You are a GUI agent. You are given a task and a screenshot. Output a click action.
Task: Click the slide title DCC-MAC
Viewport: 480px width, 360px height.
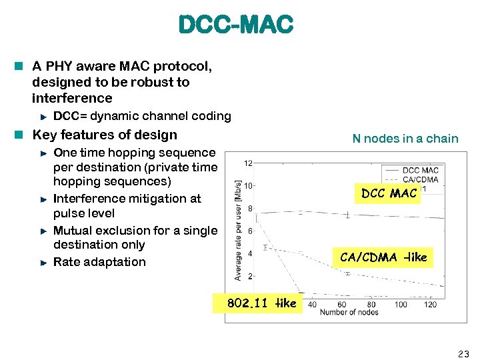point(235,25)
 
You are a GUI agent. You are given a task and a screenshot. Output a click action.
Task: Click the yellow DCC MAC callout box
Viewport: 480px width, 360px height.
point(389,193)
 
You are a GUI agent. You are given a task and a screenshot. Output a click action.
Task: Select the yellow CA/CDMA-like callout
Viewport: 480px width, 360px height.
point(383,257)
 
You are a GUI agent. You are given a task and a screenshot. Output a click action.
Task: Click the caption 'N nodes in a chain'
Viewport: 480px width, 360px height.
point(405,139)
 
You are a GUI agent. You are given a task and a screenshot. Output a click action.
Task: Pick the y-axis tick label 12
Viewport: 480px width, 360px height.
point(247,163)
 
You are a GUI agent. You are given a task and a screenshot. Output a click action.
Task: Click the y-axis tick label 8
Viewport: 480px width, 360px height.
point(249,209)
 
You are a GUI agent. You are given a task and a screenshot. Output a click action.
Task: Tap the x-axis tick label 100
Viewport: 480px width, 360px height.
point(401,305)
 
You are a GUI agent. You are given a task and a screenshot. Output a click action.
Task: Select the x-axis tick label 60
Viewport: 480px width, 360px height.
point(342,305)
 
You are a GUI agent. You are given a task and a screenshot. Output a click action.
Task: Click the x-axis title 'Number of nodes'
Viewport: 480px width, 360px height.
point(349,313)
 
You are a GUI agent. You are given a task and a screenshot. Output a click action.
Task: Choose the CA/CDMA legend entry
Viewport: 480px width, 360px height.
point(421,179)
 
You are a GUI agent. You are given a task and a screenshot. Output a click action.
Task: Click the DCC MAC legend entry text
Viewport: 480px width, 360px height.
point(421,171)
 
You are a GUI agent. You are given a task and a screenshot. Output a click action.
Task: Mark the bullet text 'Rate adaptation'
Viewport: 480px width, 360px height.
point(99,262)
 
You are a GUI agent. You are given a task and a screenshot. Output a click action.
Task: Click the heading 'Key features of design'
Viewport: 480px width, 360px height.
point(105,135)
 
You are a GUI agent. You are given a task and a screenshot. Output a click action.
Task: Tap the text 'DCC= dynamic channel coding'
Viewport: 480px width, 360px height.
point(142,116)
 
